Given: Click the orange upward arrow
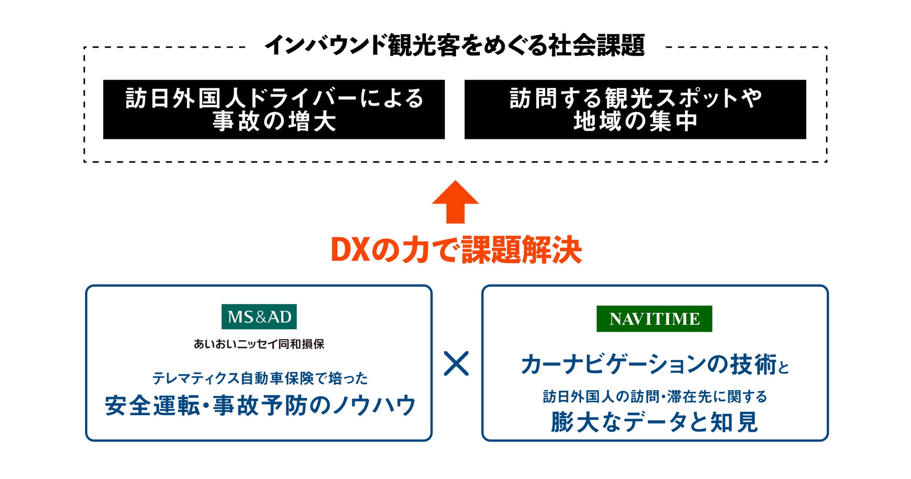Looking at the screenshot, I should (x=455, y=202).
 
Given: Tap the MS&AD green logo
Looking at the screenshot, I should (x=259, y=317).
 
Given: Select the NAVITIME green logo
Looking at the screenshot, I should (x=654, y=319).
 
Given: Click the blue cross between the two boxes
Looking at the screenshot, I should (x=456, y=364).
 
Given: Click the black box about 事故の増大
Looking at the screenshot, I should (x=274, y=109).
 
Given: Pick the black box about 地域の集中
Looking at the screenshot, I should (x=635, y=109).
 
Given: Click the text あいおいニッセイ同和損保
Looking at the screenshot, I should (x=259, y=344).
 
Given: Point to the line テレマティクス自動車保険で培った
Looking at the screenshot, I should (x=260, y=378).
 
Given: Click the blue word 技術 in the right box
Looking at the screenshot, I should (x=754, y=365).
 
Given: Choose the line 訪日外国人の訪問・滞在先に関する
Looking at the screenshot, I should (x=655, y=397).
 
